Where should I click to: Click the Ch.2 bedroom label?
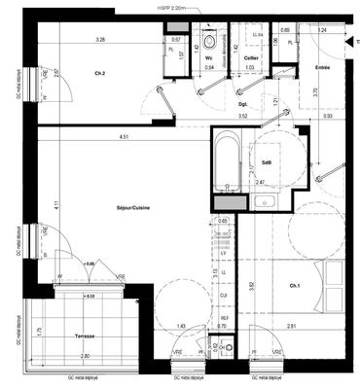click(x=99, y=74)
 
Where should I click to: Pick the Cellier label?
click(x=252, y=57)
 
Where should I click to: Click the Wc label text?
click(x=208, y=57)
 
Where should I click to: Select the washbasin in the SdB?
click(x=266, y=202)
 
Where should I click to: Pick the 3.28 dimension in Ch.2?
click(x=99, y=40)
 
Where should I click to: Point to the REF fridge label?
click(x=222, y=318)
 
